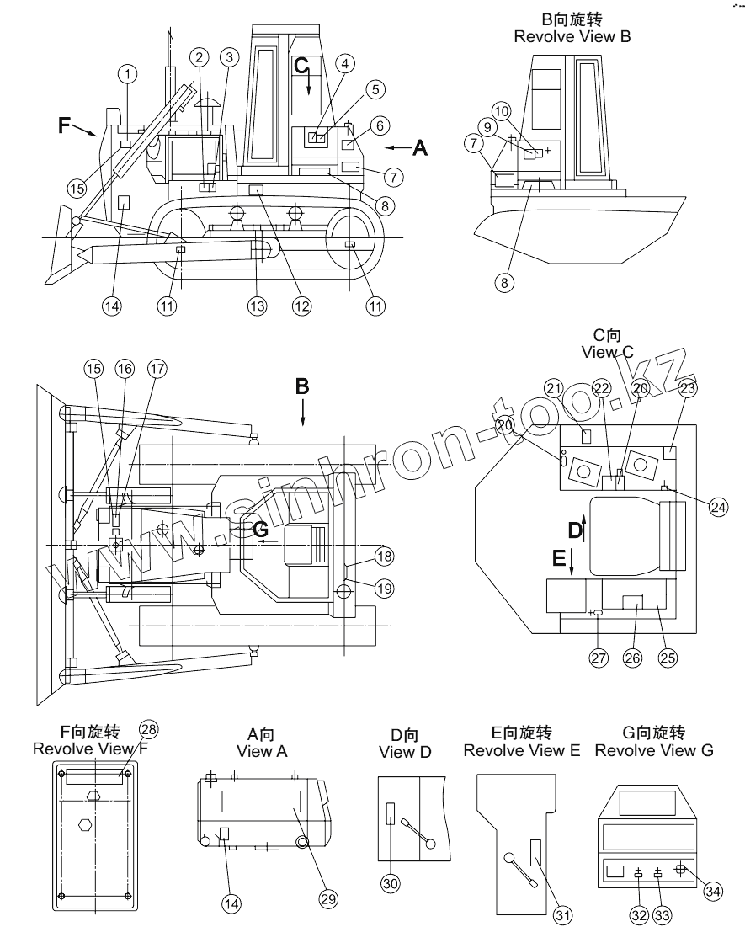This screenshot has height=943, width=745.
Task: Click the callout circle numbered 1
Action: tap(127, 74)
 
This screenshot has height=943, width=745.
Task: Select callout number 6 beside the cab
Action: tap(380, 125)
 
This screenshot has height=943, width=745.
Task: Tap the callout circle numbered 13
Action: tap(258, 306)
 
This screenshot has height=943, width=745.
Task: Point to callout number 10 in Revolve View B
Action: tap(502, 111)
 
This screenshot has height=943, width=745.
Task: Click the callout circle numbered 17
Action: tap(157, 369)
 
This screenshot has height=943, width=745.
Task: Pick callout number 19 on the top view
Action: tap(385, 589)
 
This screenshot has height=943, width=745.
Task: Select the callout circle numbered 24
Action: tap(719, 507)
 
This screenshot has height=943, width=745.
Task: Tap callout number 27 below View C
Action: tap(599, 658)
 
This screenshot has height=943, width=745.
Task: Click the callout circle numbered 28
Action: tap(148, 729)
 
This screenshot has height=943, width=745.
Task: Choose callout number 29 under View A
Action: tap(328, 899)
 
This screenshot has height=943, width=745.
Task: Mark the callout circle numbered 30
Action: tap(391, 883)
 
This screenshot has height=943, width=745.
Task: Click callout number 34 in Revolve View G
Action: tap(713, 891)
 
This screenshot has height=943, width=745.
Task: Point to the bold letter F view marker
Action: tap(64, 125)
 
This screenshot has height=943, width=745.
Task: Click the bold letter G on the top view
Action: tap(260, 530)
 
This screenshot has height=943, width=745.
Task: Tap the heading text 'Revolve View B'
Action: tap(572, 37)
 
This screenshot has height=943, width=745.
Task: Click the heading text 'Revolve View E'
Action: tap(522, 750)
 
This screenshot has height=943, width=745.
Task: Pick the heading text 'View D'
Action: tap(405, 752)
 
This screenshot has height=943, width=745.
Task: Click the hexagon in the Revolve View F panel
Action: tap(85, 824)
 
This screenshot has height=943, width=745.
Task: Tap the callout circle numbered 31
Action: tap(562, 915)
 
